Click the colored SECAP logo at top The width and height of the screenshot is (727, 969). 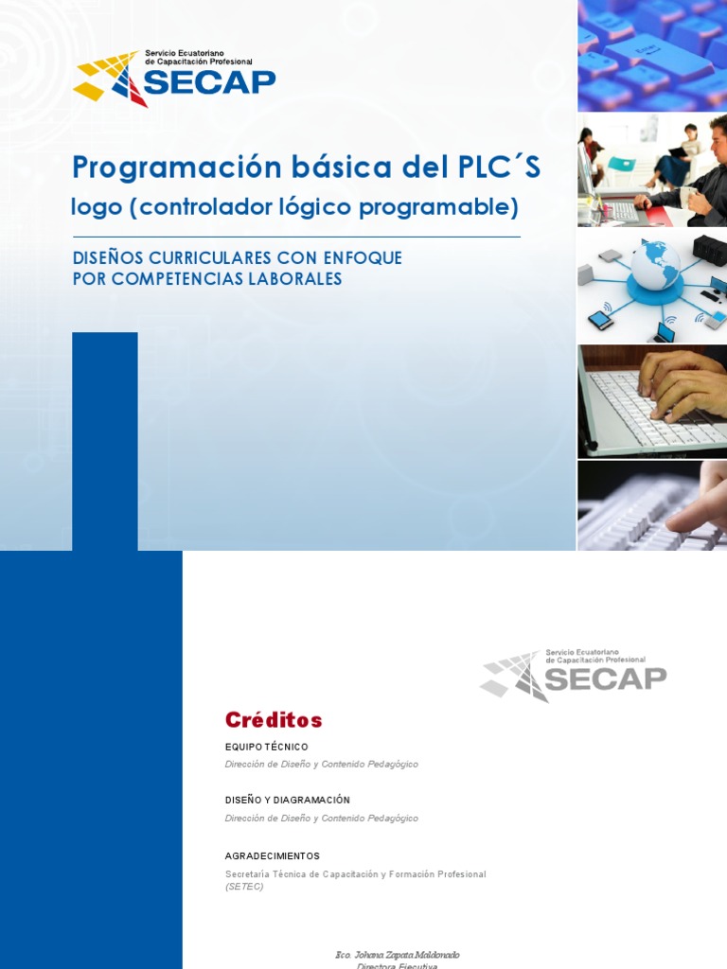tap(174, 79)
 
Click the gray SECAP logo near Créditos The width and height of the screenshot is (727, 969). tap(573, 676)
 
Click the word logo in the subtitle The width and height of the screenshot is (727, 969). tap(91, 207)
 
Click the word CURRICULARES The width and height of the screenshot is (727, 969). tap(211, 258)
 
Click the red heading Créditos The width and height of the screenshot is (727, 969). tap(274, 720)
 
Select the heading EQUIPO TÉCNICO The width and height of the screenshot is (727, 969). tap(266, 748)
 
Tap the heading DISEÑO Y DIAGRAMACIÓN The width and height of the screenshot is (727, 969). tap(287, 801)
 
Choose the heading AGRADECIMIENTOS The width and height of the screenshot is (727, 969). tap(272, 856)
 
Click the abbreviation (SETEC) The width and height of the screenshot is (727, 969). tap(244, 887)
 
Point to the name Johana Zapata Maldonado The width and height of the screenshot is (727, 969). tap(403, 955)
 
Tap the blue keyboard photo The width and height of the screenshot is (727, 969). tap(652, 56)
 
